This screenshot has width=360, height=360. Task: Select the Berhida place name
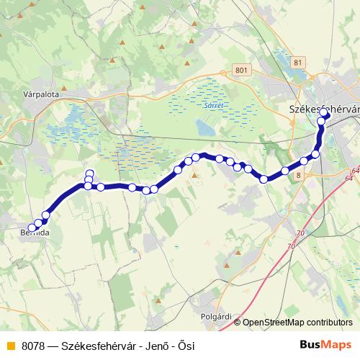point(35,234)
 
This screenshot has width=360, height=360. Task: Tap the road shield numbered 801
point(240,70)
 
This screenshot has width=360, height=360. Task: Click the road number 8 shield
point(299,175)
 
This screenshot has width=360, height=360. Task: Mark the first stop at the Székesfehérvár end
point(325,114)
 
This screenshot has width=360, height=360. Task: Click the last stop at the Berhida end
point(32,229)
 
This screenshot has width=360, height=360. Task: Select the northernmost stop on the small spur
point(89,173)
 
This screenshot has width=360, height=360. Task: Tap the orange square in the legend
point(10,346)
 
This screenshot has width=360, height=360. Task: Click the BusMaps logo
point(325,345)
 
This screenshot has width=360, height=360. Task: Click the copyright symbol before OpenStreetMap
point(238,323)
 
